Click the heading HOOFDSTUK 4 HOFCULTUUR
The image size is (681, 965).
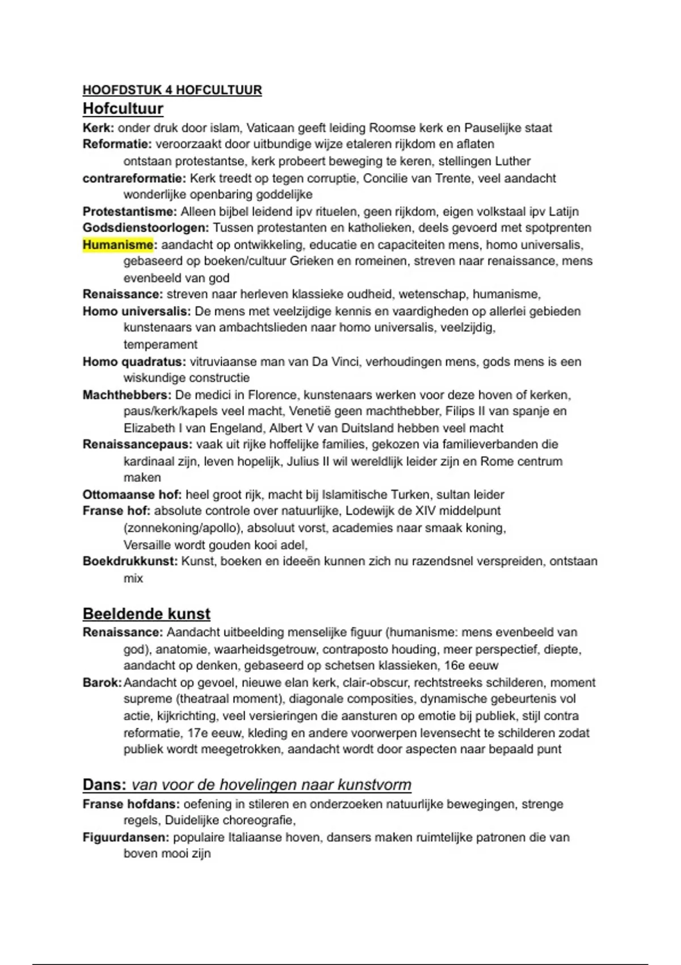(172, 90)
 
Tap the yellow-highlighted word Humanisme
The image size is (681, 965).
(118, 245)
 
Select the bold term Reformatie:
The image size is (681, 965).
(117, 144)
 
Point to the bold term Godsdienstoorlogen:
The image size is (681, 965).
(146, 228)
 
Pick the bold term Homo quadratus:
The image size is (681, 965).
(134, 362)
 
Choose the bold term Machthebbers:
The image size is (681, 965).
(127, 395)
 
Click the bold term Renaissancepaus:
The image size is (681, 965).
(137, 444)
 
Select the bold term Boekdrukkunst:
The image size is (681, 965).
(130, 561)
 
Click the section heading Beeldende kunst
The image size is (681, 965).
(146, 614)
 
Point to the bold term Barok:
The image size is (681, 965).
(102, 682)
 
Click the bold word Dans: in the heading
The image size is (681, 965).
(104, 785)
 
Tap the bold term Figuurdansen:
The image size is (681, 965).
(126, 837)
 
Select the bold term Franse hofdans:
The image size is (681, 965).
(131, 804)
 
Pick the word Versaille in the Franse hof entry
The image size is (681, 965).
(148, 545)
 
